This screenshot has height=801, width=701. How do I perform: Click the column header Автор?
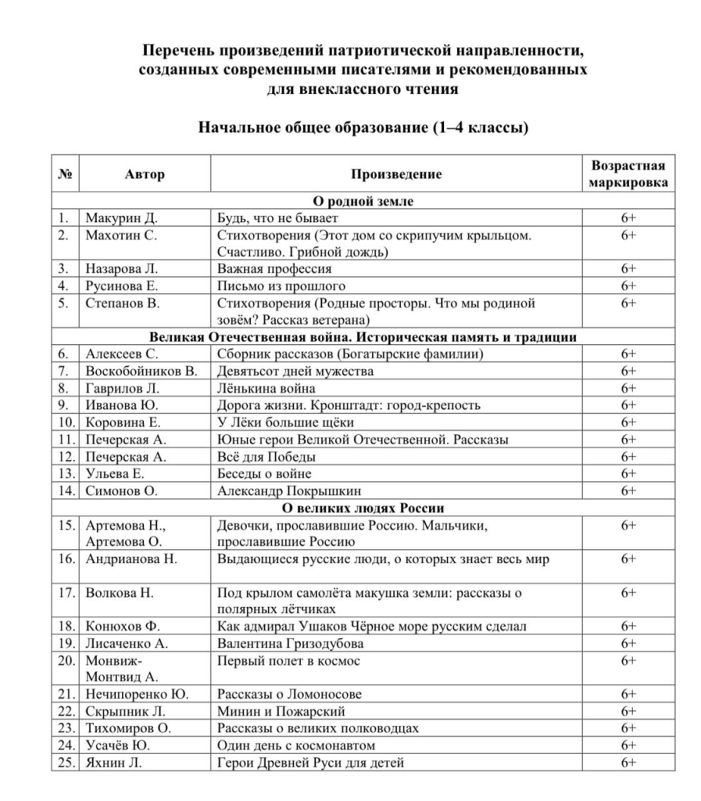[x=145, y=174]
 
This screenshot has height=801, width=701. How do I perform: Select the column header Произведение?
[x=395, y=174]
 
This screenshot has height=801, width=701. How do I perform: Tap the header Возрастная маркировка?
[x=628, y=174]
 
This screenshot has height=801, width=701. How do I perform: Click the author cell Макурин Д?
[x=121, y=217]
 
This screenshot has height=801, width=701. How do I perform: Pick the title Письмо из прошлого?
[x=281, y=286]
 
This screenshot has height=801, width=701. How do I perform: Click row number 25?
[x=66, y=763]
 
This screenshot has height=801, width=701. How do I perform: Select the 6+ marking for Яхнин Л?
[x=628, y=763]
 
